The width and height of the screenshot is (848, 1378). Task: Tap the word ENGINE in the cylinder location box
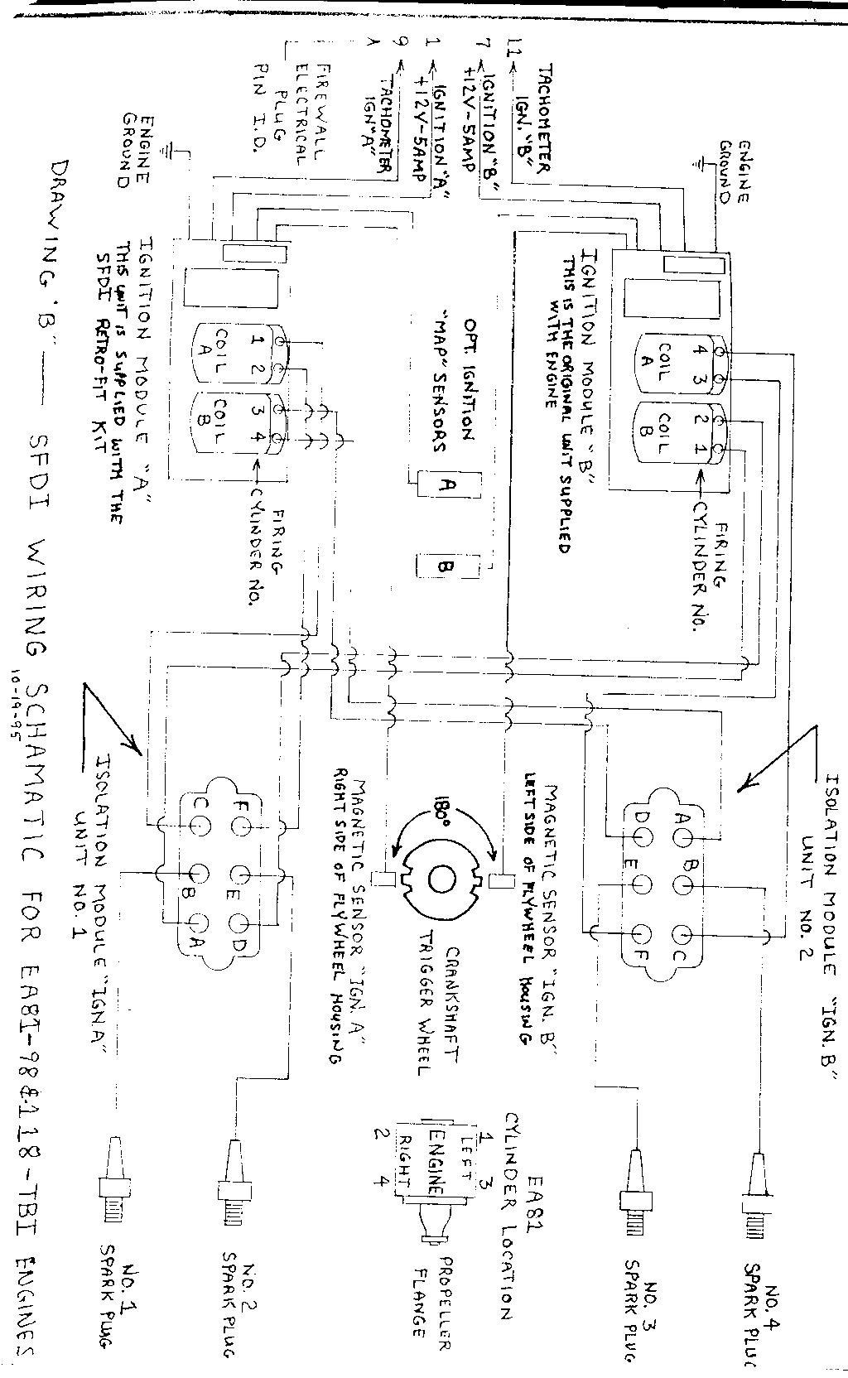(x=437, y=1156)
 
